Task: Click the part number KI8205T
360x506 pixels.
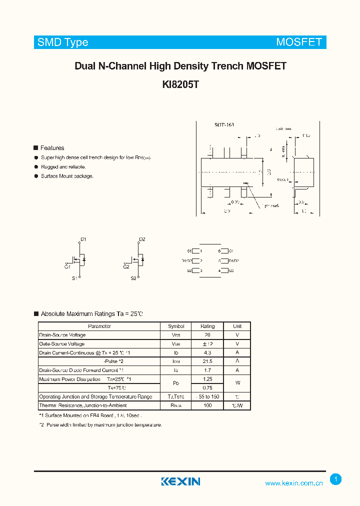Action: [180, 84]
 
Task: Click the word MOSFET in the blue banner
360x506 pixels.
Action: [299, 42]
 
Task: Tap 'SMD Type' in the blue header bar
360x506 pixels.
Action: [63, 42]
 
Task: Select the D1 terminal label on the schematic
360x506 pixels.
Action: [83, 239]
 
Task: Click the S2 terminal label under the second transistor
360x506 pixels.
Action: [133, 278]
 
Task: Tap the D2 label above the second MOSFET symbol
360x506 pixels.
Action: [142, 239]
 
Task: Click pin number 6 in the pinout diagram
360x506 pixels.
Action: [219, 251]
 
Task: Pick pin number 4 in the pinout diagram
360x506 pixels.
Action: [219, 270]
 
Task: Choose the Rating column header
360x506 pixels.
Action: [207, 326]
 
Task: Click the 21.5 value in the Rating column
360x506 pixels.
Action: [207, 361]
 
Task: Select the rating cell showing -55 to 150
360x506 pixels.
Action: [207, 396]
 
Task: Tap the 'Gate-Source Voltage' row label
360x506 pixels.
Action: [62, 344]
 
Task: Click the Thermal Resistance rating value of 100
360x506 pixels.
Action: [207, 405]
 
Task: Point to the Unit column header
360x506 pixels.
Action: [237, 326]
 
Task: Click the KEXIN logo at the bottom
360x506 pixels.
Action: [180, 481]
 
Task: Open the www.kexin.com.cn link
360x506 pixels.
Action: [294, 483]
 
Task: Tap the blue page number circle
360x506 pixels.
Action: [336, 479]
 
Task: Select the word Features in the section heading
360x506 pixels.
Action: [52, 148]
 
